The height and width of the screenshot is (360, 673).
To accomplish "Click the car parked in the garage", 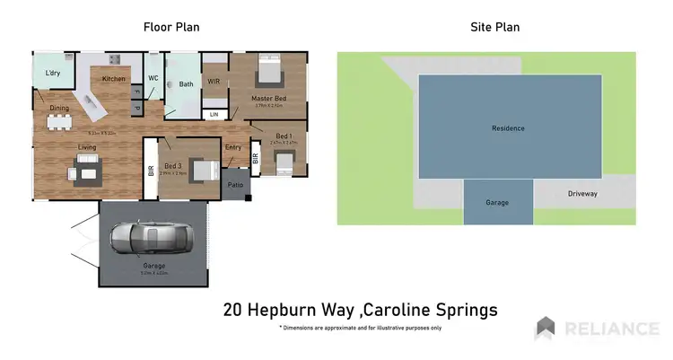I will tap(151, 238).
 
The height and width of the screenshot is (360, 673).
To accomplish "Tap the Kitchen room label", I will tap(114, 79).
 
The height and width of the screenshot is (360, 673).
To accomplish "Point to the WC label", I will tap(153, 78).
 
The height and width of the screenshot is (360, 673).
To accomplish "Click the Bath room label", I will tap(187, 84).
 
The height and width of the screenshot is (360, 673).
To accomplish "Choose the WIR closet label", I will tap(214, 82).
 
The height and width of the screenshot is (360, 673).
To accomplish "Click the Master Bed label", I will tap(268, 98).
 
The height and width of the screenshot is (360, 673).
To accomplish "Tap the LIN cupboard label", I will tap(214, 115).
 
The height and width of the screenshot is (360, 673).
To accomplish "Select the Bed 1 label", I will tap(283, 135).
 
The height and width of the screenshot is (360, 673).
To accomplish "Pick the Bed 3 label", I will tap(174, 165).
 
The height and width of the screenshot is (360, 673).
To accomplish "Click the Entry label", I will tap(233, 147).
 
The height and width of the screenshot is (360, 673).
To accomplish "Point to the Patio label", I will tap(235, 186).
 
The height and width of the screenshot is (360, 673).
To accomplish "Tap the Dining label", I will tap(59, 109).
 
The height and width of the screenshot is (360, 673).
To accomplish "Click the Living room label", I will tap(87, 147).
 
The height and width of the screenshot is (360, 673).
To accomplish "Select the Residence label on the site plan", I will tap(508, 128).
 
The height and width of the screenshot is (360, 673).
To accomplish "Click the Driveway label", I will tap(582, 193).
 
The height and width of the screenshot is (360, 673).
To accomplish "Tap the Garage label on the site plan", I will tap(497, 203).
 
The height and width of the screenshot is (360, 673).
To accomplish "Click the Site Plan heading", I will tap(494, 27).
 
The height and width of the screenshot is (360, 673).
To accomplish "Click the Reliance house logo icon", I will tap(546, 329).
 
